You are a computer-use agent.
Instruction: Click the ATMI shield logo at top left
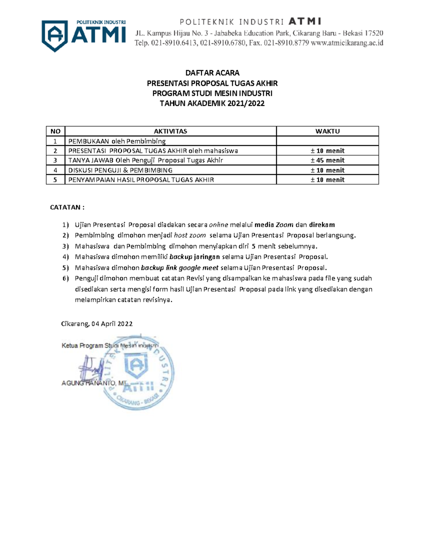(x=55, y=35)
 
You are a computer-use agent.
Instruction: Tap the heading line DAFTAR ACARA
(x=212, y=73)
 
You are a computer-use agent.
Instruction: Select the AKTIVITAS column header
(x=170, y=131)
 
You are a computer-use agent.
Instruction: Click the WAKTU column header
(x=328, y=131)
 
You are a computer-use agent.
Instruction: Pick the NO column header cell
(x=56, y=131)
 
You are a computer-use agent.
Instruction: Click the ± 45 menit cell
(x=328, y=160)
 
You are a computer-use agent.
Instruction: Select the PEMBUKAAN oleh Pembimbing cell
(x=117, y=141)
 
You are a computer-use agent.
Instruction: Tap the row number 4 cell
(x=55, y=170)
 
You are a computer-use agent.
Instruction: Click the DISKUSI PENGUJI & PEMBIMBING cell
(x=120, y=170)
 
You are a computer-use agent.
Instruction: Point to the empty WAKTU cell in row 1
(x=328, y=141)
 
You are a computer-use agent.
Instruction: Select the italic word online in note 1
(x=219, y=225)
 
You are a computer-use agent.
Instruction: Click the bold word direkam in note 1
(x=322, y=225)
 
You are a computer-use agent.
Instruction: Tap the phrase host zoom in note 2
(x=190, y=236)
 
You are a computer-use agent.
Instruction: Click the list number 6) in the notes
(x=66, y=278)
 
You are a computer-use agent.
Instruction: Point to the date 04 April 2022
(x=112, y=324)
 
